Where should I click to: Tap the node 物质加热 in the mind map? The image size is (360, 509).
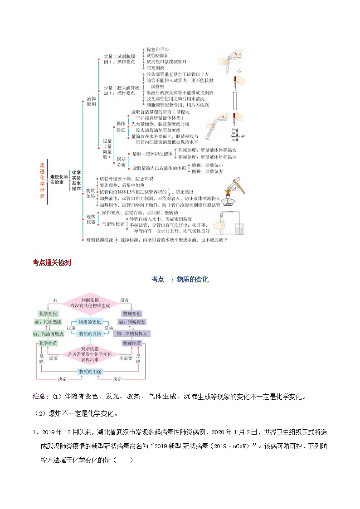[x=91, y=194]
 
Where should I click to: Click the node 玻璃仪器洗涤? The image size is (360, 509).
[x=100, y=240]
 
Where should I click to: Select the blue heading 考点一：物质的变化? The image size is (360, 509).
[x=180, y=280]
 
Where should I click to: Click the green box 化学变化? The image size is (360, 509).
[x=48, y=314]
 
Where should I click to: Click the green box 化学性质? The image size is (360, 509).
[x=48, y=344]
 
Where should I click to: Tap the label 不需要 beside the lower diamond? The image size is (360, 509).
[x=126, y=358]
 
